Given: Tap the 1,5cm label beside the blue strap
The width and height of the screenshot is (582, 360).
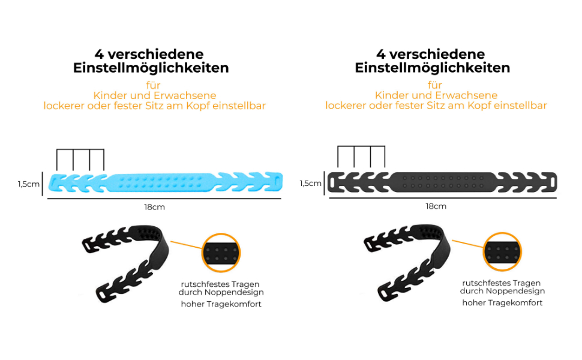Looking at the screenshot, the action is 28,184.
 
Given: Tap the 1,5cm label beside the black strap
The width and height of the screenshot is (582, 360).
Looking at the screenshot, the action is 310,183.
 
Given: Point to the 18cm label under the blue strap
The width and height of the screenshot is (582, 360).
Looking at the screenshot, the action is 154,207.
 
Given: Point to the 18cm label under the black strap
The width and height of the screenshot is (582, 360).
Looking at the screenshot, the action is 436,206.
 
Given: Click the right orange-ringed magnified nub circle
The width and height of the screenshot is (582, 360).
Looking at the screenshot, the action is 502,253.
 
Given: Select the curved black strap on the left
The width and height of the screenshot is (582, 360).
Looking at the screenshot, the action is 129,258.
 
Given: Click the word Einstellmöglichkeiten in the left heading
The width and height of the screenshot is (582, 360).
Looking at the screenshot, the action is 151,68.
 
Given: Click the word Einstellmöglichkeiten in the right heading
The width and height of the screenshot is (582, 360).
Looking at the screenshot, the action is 433,68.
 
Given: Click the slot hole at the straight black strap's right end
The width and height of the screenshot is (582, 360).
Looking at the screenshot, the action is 551,181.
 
